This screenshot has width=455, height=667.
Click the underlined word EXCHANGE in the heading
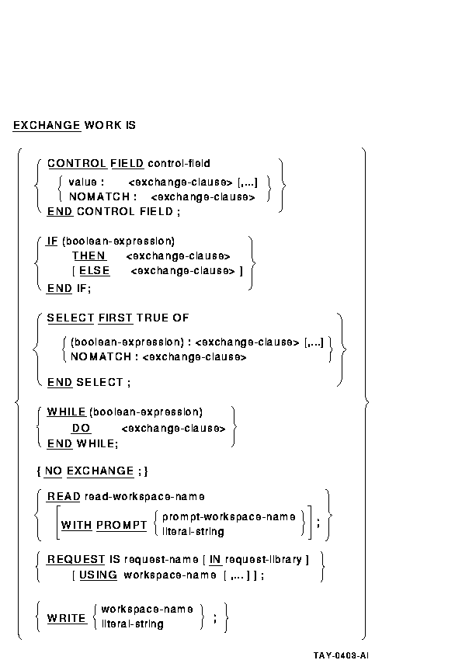click(x=47, y=126)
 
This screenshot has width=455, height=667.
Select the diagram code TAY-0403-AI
click(x=341, y=655)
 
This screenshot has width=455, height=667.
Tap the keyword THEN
click(x=89, y=255)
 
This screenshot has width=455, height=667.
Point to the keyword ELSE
click(x=95, y=271)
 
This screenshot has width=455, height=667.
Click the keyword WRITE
click(x=66, y=618)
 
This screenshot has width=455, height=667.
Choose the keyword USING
click(x=99, y=575)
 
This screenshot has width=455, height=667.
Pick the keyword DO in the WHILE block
click(x=82, y=429)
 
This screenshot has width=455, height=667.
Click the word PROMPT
click(x=121, y=526)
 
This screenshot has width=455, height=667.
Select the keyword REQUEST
click(x=75, y=559)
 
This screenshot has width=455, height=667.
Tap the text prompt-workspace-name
click(x=229, y=517)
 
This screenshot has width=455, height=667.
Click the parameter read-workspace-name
click(x=144, y=496)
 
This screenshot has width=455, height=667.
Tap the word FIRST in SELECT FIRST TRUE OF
click(x=115, y=318)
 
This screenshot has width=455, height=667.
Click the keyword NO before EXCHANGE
click(x=54, y=471)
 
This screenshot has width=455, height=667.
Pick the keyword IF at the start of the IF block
click(x=52, y=241)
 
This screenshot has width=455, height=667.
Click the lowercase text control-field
click(x=179, y=163)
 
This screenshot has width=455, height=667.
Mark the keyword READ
click(x=64, y=496)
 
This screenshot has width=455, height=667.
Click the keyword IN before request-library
click(x=215, y=559)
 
